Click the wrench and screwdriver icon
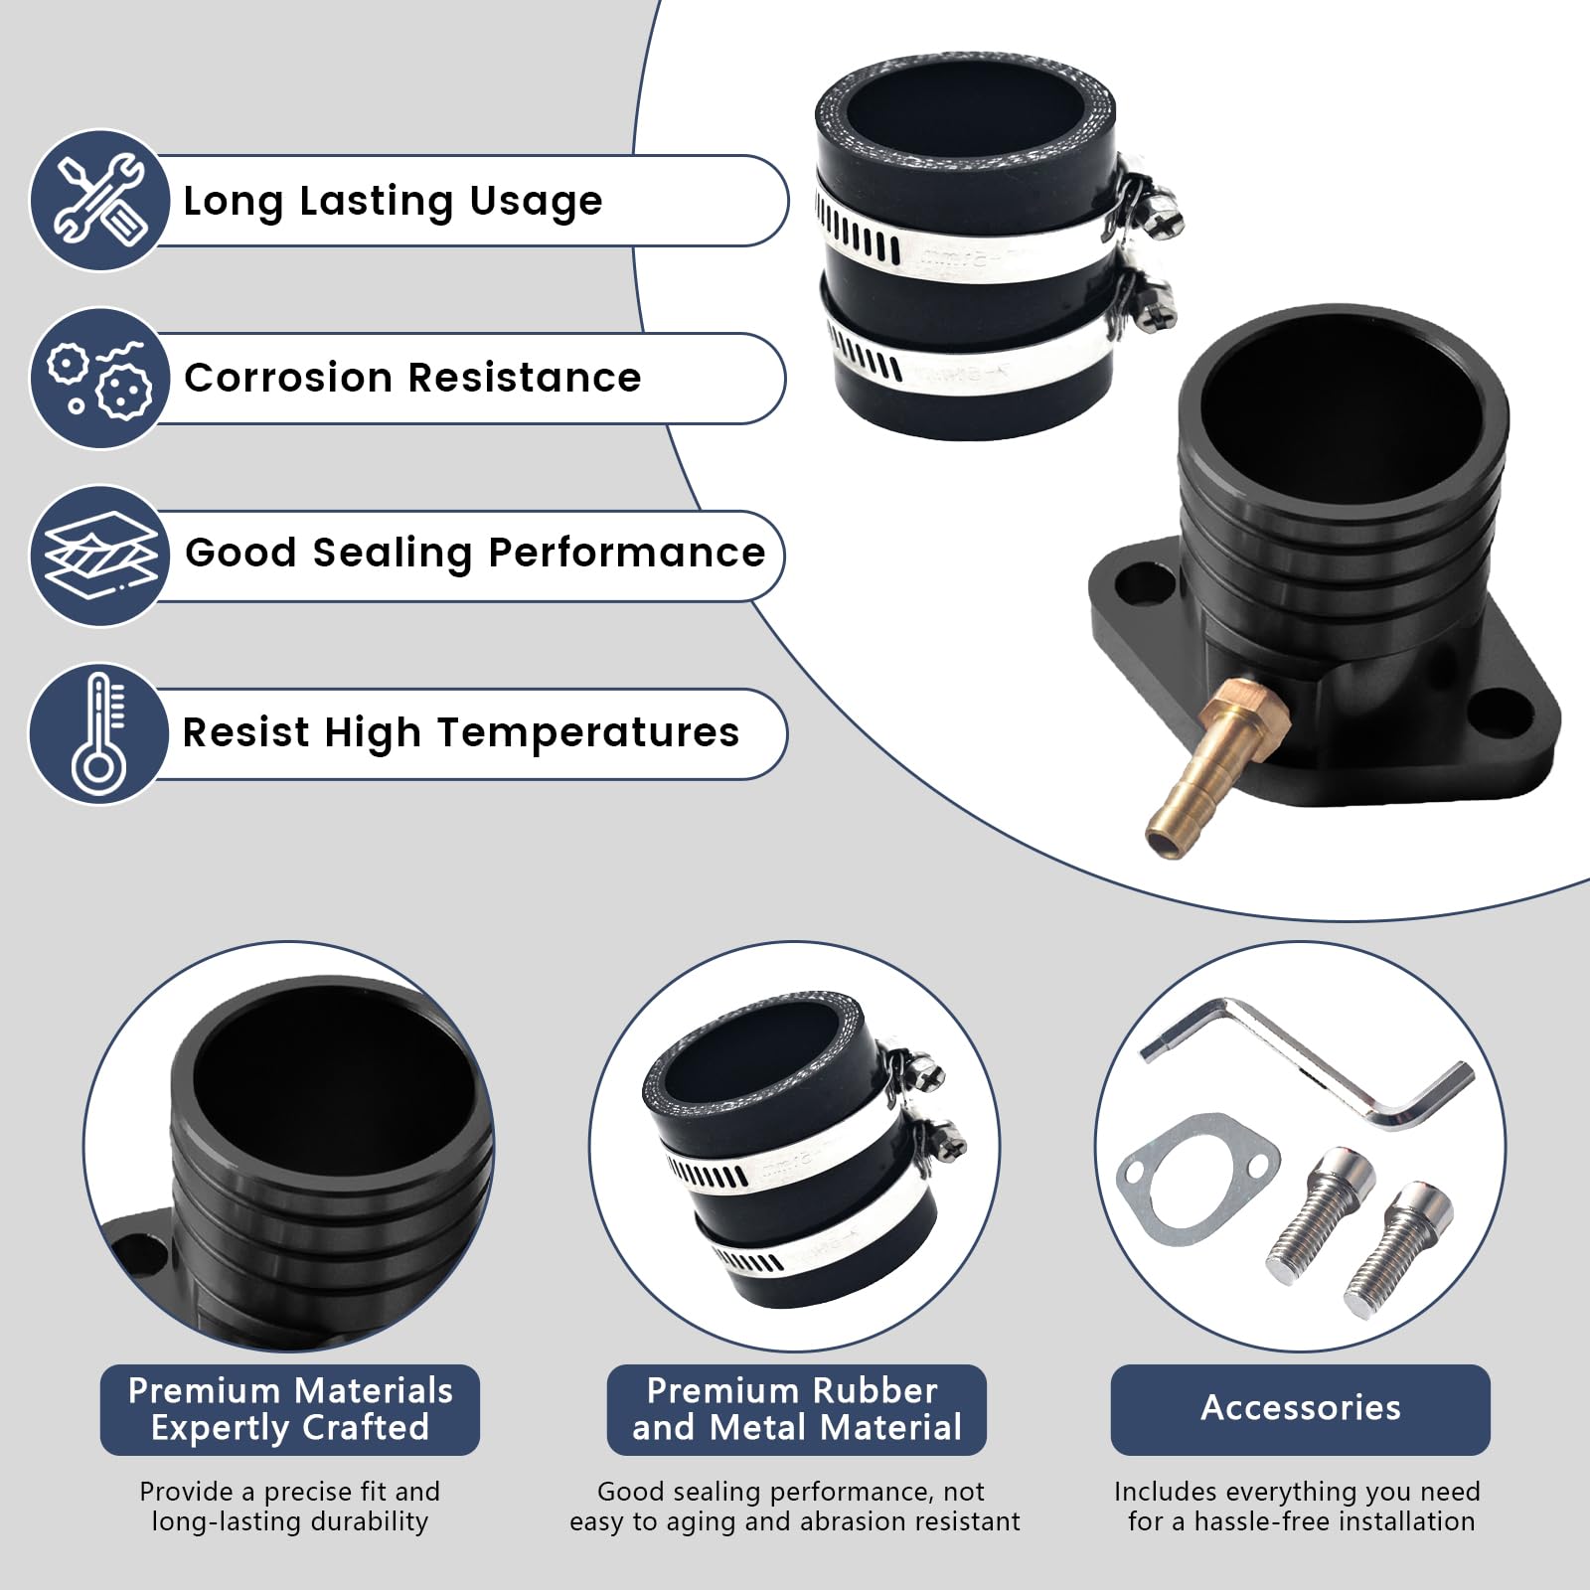pos(99,200)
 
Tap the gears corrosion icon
pos(99,378)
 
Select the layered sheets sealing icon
pos(99,555)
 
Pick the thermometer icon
pos(99,732)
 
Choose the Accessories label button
pos(1300,1409)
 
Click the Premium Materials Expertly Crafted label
pos(289,1409)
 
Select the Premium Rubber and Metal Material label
pos(796,1409)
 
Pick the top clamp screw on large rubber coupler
pos(1160,220)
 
